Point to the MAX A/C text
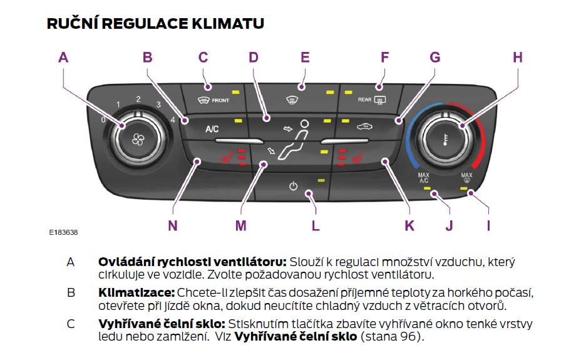[424, 178]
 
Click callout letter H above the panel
[517, 58]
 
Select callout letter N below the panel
[173, 225]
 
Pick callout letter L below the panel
[316, 225]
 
